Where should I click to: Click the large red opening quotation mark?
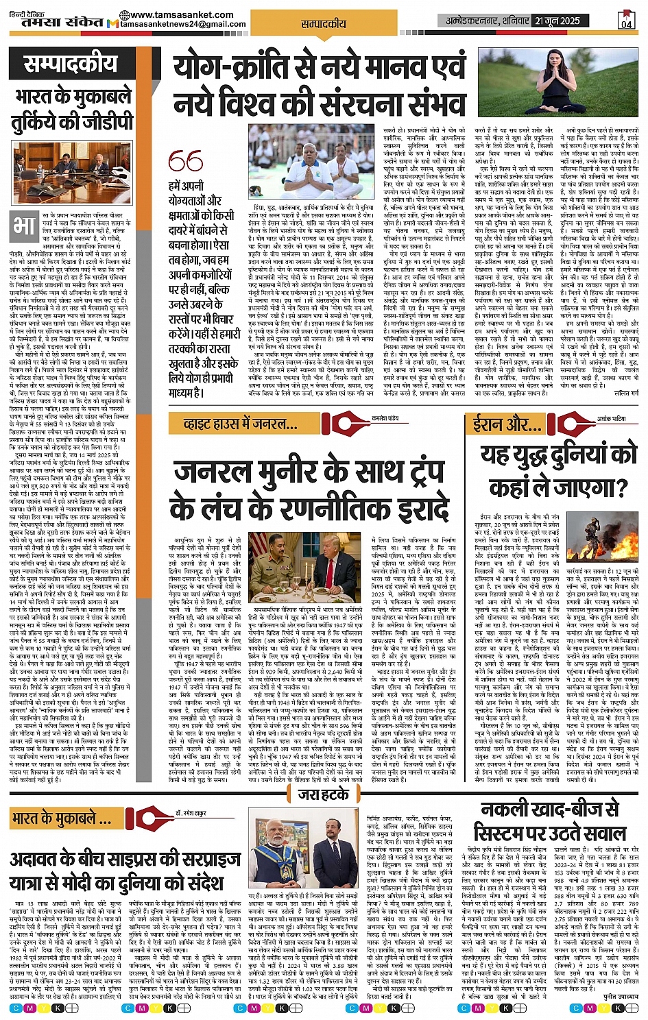tap(185, 162)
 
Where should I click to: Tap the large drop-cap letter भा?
tap(23, 226)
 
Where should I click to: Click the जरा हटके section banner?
tap(324, 794)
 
